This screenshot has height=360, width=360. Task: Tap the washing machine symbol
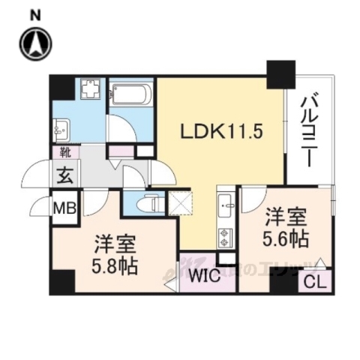pyautogui.click(x=91, y=92)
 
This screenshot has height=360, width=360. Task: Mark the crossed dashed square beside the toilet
pyautogui.click(x=181, y=202)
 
